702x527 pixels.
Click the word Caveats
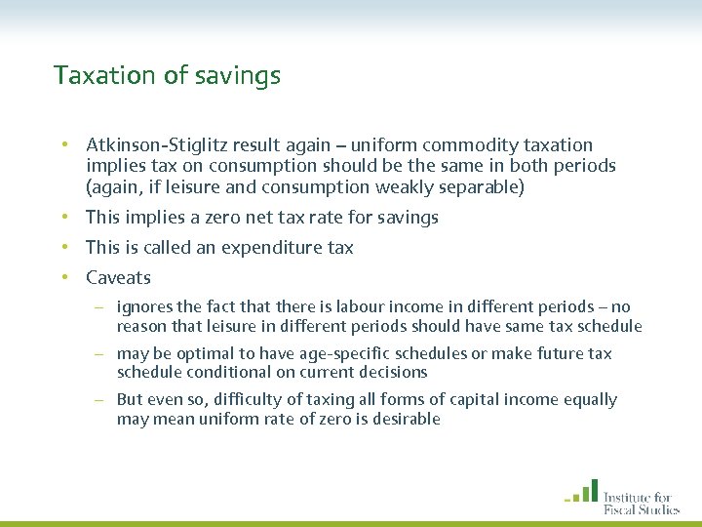point(118,278)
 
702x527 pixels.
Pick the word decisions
point(393,372)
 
